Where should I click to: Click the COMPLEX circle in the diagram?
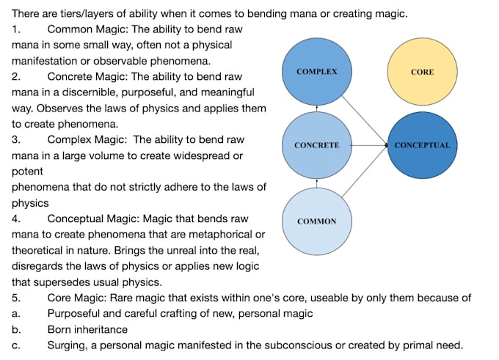[316, 72]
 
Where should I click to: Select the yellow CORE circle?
[422, 72]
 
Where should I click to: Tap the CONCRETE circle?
[316, 145]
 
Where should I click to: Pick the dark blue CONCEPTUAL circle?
[422, 145]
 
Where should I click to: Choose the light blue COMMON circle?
[316, 221]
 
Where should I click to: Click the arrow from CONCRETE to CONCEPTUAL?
[367, 145]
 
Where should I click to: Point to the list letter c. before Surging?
[15, 345]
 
